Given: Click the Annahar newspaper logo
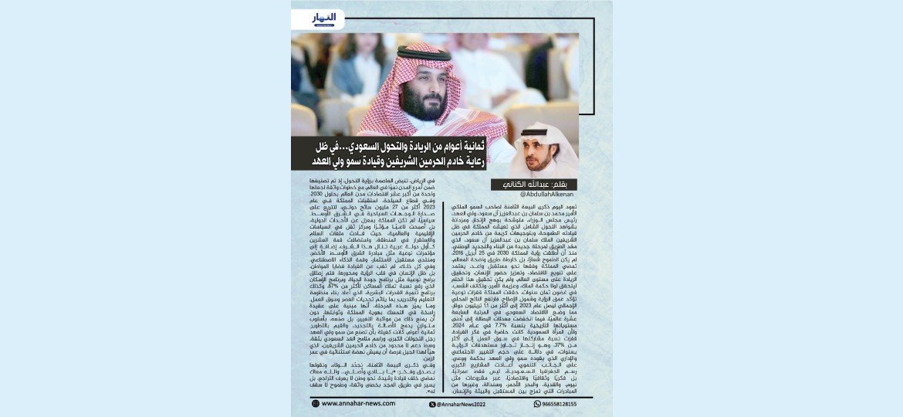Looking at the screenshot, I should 324,18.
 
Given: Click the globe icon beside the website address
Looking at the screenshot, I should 316,403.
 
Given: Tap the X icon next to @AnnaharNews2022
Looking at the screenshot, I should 432,403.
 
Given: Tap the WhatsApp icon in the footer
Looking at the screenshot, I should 538,403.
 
